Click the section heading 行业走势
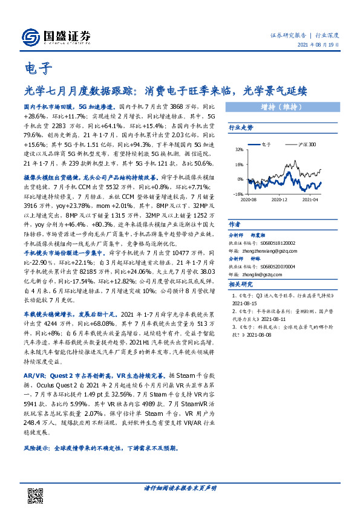pos(241,128)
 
